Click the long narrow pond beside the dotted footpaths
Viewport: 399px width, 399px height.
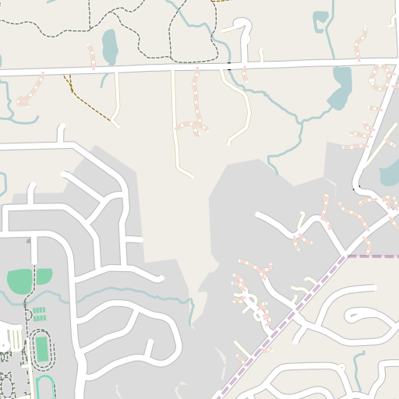tap(109, 47)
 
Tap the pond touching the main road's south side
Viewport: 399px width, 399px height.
tap(341, 87)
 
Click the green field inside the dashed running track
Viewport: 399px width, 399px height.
tap(41, 348)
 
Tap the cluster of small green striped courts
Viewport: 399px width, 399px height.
tap(37, 314)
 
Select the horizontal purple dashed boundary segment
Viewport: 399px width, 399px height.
tap(373, 256)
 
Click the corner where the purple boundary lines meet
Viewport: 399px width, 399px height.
tap(346, 256)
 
